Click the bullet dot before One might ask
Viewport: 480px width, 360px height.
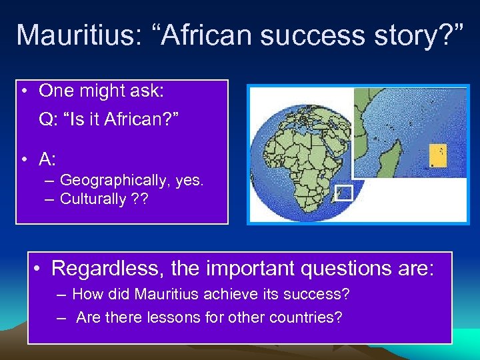coord(24,90)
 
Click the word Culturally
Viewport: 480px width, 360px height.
coord(93,199)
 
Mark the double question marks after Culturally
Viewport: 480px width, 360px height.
coord(140,199)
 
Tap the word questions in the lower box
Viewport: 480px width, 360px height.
coord(347,269)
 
